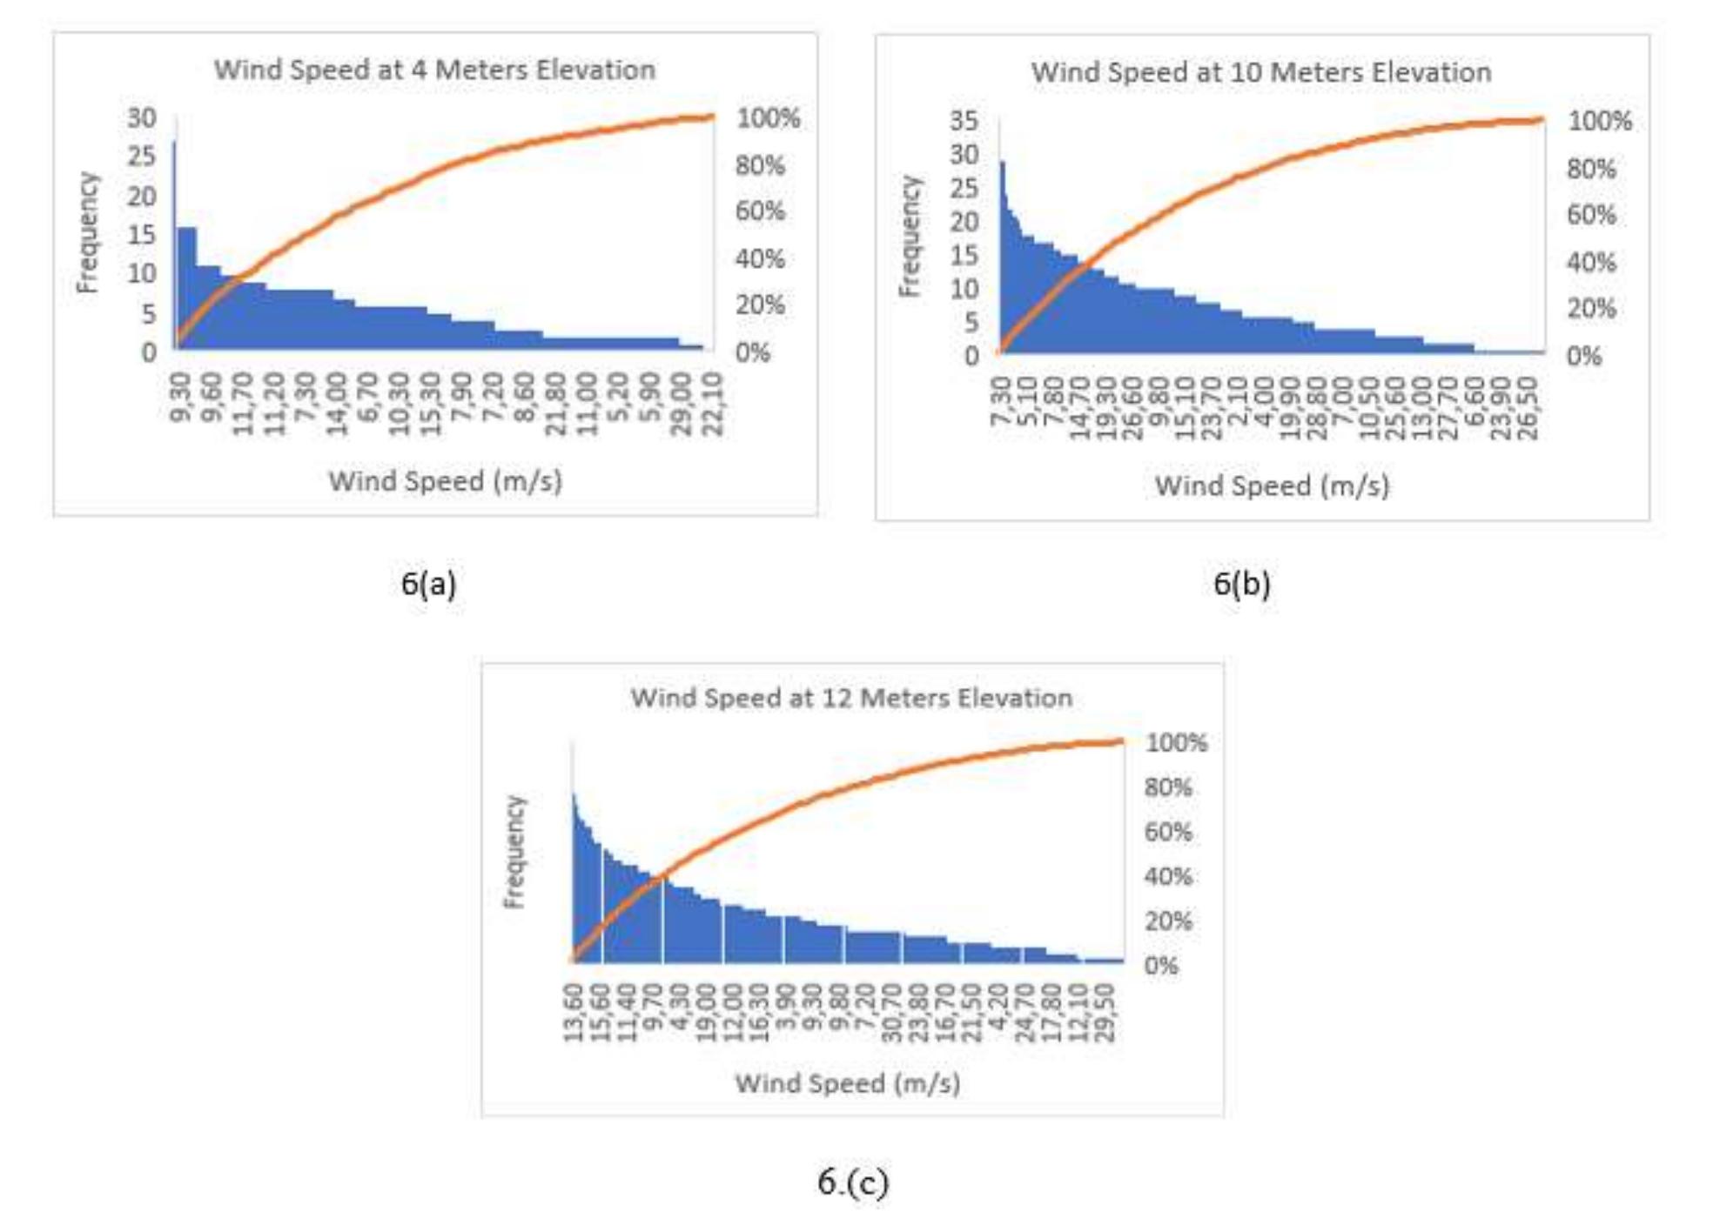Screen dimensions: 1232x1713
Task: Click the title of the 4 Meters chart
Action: pos(434,70)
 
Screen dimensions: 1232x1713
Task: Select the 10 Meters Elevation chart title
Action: pos(1260,72)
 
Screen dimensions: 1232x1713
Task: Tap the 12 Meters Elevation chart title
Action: pos(851,698)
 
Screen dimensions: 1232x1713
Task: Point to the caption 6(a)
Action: pos(428,583)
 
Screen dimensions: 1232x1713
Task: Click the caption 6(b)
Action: pos(1241,583)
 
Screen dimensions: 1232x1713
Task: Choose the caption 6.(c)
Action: pos(853,1182)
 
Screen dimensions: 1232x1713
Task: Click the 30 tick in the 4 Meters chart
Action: pos(142,117)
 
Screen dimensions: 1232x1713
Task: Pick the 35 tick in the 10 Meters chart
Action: pos(964,120)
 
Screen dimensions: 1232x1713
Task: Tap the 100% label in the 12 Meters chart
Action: pos(1176,743)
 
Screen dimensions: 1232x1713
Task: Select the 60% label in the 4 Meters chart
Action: pos(760,211)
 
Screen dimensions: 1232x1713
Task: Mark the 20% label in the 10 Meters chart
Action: pos(1591,308)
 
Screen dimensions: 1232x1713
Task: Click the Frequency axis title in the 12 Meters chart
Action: pos(515,852)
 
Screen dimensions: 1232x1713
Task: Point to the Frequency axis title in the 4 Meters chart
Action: pos(87,232)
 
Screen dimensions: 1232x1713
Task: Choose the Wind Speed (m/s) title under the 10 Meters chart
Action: pos(1272,485)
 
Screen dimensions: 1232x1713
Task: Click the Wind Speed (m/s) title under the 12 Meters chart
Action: pos(848,1083)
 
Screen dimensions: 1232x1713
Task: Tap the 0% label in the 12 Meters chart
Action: pos(1161,966)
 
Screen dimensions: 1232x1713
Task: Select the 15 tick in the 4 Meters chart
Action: pos(142,234)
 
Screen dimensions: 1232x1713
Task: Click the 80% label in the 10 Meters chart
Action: pos(1591,169)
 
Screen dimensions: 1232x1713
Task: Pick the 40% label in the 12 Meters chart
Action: pos(1168,876)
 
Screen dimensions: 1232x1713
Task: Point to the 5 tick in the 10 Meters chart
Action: pos(971,323)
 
